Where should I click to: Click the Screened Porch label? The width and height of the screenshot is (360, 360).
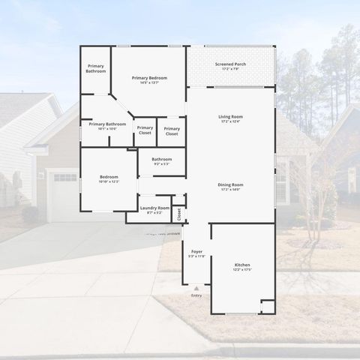230,64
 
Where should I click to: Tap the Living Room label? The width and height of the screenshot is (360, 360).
230,117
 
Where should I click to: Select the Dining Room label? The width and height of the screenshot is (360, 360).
230,184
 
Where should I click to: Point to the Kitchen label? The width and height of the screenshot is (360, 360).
242,265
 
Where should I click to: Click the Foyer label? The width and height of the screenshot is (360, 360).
196,251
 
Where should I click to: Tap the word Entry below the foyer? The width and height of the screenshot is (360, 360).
196,295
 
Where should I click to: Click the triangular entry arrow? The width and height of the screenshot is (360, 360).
196,287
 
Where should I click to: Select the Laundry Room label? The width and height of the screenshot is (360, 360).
154,208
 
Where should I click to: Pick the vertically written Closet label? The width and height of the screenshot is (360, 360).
179,214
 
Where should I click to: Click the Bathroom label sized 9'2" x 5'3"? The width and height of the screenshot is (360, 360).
162,159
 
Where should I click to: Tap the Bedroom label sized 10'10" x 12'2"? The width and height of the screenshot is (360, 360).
109,177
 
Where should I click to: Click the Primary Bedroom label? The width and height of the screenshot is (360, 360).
149,78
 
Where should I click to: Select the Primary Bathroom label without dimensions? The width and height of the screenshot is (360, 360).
95,69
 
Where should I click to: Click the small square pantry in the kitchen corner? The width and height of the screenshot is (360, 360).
268,306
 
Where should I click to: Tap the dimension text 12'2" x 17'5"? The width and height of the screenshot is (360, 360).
242,270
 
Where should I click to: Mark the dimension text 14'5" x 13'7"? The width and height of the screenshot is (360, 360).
149,82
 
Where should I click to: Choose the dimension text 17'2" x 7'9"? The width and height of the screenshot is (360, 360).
230,69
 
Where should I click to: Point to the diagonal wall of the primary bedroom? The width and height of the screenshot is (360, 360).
121,104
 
